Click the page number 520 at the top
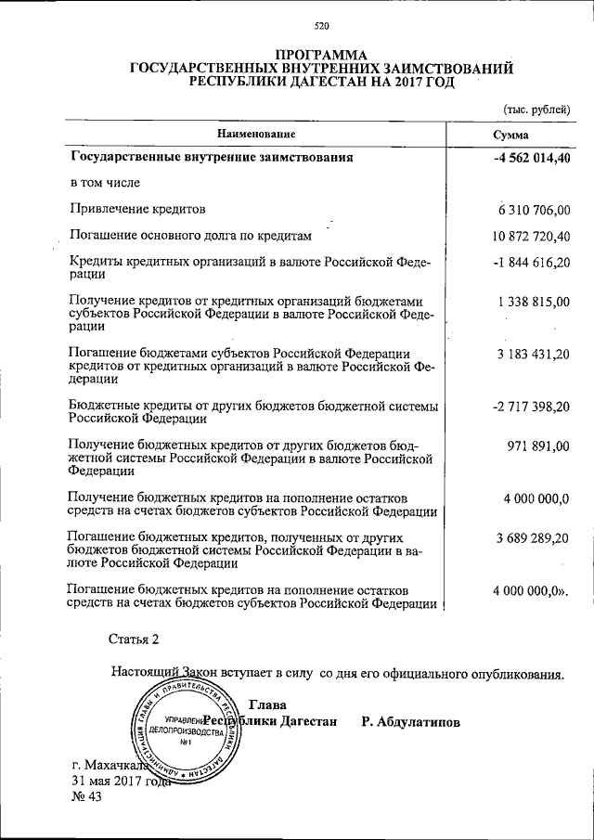321,25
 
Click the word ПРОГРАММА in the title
321,55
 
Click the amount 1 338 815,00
534,302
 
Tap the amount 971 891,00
538,446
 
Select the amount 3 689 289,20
534,537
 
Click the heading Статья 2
135,640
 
